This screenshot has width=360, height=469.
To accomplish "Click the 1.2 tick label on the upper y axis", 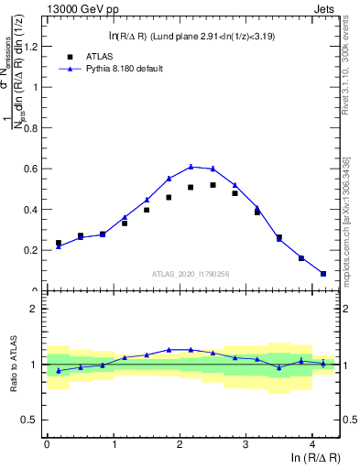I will click(x=30, y=46).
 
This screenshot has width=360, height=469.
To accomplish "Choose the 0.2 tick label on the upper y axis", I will click(x=30, y=250).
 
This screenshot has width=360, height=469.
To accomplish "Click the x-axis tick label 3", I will click(x=246, y=444).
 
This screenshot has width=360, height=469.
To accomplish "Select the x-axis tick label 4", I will click(x=312, y=444).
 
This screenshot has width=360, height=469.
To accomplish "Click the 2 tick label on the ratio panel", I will click(x=34, y=309).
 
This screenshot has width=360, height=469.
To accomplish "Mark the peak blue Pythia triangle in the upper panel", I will click(x=191, y=166).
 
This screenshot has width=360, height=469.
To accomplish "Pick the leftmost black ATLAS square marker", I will click(x=59, y=243).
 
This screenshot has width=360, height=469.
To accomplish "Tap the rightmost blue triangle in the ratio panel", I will click(x=323, y=363).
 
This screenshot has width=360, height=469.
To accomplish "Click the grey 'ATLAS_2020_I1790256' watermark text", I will click(x=191, y=274).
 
